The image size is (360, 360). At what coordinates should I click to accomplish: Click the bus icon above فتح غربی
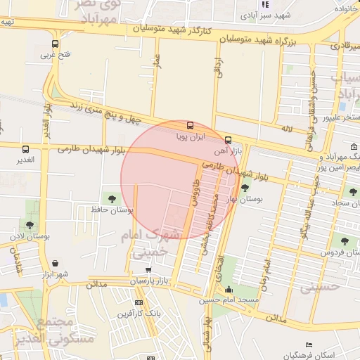[x=54, y=43]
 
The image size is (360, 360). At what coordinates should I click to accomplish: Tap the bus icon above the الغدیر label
[x=26, y=149]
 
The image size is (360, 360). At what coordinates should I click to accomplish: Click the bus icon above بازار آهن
[x=227, y=139]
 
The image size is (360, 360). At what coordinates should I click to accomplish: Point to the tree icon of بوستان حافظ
[x=112, y=198]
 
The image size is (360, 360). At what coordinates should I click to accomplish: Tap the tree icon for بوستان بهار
[x=245, y=188]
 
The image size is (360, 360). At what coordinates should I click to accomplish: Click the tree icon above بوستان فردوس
[x=345, y=241]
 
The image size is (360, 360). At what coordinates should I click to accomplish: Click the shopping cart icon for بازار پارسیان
[x=148, y=269]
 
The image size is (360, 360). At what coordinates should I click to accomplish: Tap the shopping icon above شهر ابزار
[x=54, y=262]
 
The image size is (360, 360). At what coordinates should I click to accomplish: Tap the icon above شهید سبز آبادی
[x=264, y=4]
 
